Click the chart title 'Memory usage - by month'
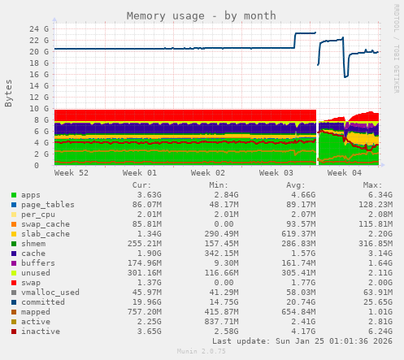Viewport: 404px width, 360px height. [x=202, y=15]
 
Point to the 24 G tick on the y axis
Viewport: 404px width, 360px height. [x=39, y=28]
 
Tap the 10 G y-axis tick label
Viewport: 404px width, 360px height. [x=39, y=108]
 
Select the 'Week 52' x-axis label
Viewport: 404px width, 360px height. [x=72, y=173]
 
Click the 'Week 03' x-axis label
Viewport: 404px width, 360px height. [x=276, y=173]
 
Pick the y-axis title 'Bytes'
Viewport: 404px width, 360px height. [x=9, y=93]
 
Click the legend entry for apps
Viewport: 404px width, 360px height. [x=30, y=195]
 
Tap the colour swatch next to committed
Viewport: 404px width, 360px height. [x=13, y=302]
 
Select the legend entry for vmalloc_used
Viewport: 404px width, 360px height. [x=50, y=293]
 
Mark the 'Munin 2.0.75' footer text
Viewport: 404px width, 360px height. [x=202, y=352]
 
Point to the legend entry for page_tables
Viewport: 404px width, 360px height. [x=48, y=205]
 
